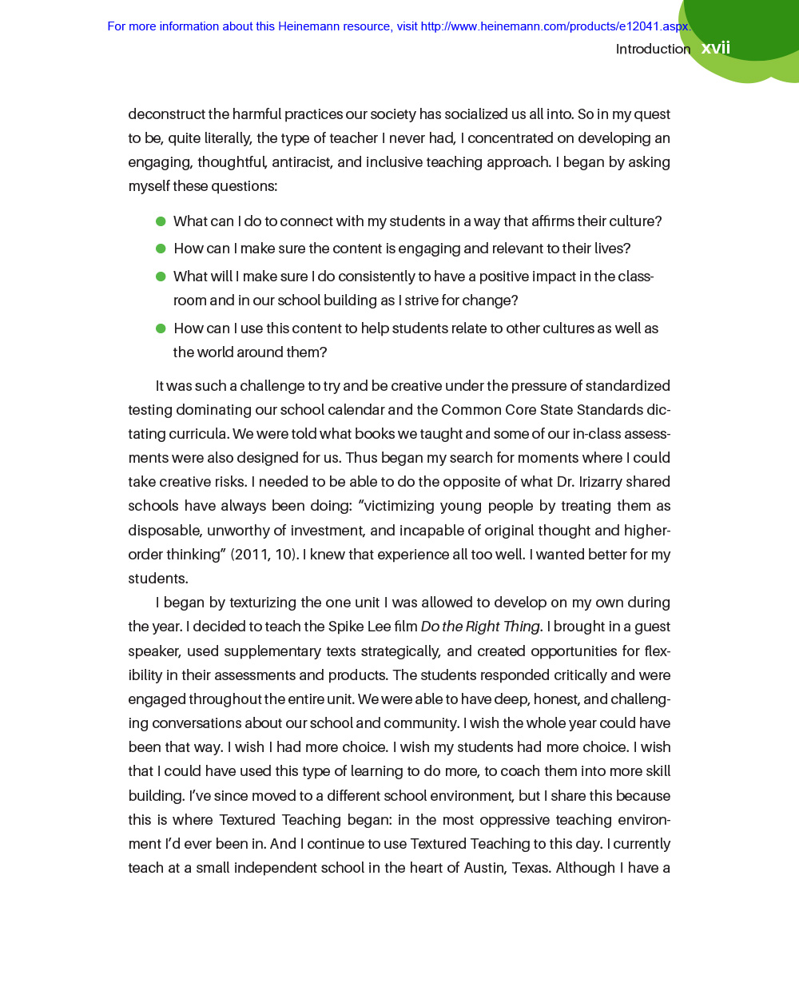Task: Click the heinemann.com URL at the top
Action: [555, 26]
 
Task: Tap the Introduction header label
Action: [653, 49]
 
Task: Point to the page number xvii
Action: [716, 48]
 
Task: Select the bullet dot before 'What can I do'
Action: [161, 221]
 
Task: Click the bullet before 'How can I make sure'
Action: [161, 249]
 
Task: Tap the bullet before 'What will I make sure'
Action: [161, 277]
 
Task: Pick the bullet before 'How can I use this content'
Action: [161, 328]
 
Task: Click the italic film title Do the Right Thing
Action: [480, 627]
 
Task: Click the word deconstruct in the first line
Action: [166, 114]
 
